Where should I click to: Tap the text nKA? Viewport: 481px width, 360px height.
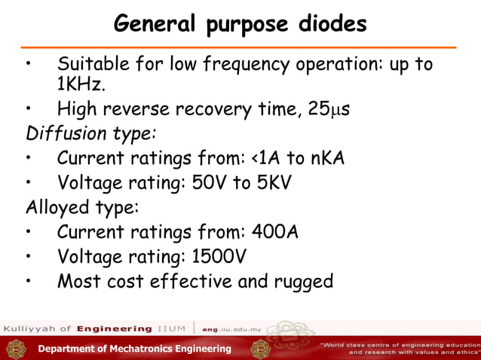pos(328,159)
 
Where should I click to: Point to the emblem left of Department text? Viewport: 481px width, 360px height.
pos(17,349)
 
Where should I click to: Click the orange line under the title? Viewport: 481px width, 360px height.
pos(240,47)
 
